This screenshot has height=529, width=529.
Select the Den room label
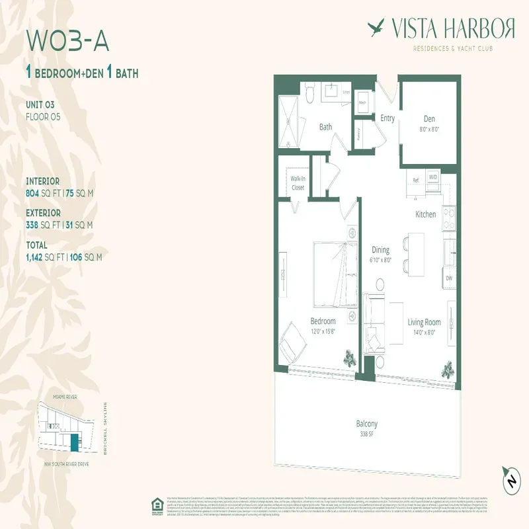tap(430, 119)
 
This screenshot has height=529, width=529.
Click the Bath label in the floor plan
tap(325, 127)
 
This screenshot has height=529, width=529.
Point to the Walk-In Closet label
tap(298, 183)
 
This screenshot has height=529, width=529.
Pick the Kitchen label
tap(425, 214)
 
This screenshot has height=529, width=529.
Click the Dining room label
tap(380, 250)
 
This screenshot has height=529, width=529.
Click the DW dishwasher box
tap(450, 278)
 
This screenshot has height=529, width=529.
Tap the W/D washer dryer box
tap(433, 177)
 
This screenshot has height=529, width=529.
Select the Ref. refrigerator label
tap(416, 179)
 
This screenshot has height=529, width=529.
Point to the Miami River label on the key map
tap(63, 396)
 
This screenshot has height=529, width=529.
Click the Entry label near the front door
tap(387, 118)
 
